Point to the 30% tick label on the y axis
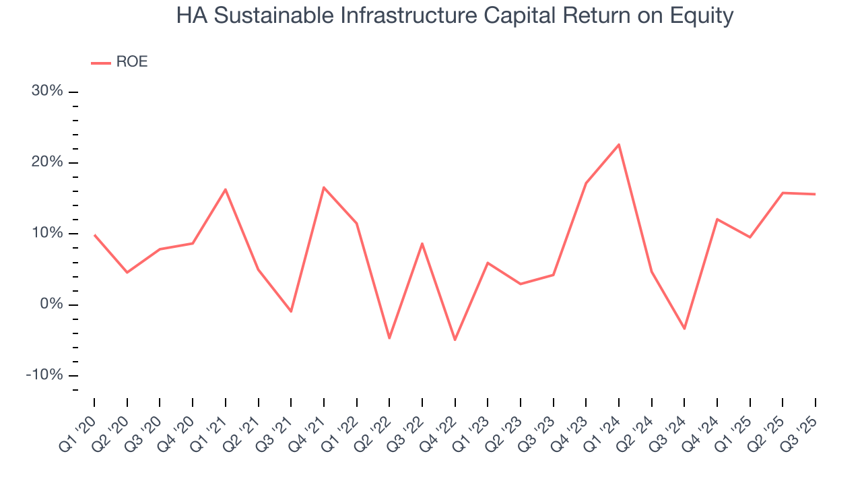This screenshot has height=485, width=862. coord(47,91)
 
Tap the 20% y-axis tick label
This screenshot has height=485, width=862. coord(47,162)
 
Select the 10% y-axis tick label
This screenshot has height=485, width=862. coord(47,233)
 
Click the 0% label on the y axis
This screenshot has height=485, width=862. coord(51,304)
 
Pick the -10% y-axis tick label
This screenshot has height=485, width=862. coord(44,375)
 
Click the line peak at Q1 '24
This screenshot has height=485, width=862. coord(619,144)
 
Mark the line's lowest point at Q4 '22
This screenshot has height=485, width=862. coord(455,339)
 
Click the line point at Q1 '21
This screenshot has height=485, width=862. coord(226,189)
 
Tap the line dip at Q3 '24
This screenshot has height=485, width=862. coord(684,329)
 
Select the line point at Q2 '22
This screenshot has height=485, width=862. coord(389,338)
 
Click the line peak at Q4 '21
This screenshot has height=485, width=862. coord(324,187)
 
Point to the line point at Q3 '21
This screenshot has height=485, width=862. coord(291,311)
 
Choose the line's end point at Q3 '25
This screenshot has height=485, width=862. coord(815,194)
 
